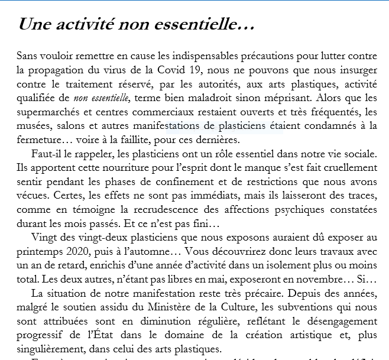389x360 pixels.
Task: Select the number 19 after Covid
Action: (198, 70)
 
